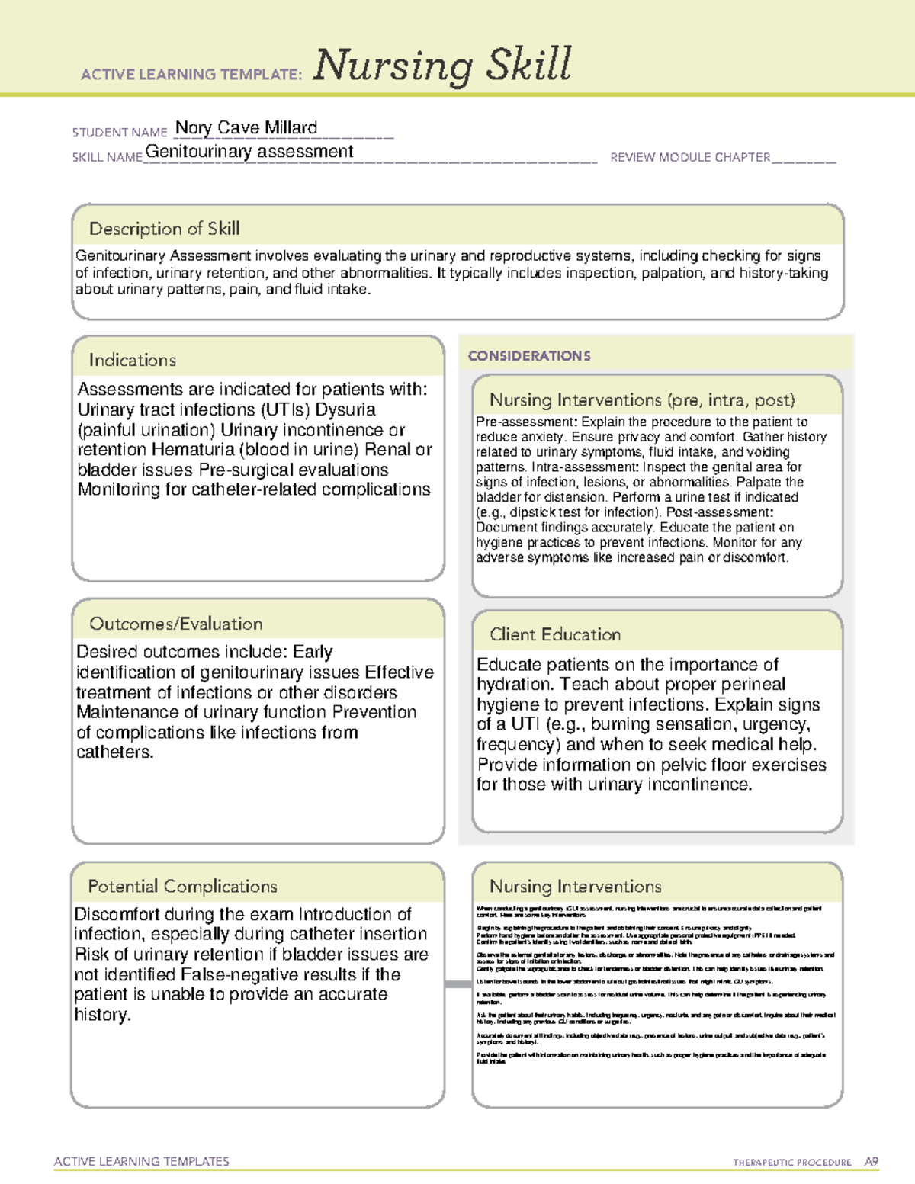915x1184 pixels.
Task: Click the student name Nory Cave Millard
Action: tap(246, 128)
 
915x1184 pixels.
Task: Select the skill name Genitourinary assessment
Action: tap(249, 152)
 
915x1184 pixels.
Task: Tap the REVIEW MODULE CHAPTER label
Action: tap(690, 158)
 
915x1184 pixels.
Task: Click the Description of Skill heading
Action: tap(164, 229)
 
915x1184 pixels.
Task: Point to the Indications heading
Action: tap(133, 360)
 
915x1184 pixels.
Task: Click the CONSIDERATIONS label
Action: tap(529, 356)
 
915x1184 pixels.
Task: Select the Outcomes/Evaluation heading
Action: tap(176, 624)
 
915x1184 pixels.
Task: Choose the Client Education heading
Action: tap(555, 634)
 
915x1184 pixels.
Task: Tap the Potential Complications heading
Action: tap(182, 887)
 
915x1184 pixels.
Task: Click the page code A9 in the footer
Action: tap(871, 1162)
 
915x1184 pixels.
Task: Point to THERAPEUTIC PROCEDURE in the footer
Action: tap(791, 1163)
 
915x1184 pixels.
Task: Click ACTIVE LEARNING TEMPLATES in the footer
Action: tap(142, 1162)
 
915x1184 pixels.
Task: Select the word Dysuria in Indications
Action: tap(345, 410)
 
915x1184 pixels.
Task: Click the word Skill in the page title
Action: tap(529, 65)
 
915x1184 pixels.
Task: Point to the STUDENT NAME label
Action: tap(120, 133)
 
